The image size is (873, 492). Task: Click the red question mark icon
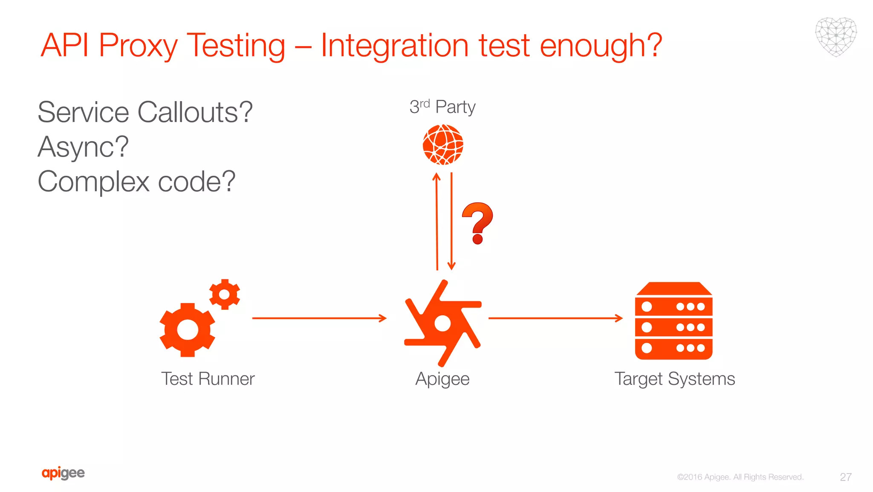coord(478,222)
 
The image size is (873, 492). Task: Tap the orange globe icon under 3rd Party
coord(443,145)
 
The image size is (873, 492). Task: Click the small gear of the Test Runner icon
coord(225,294)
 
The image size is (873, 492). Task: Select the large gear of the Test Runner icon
coord(188,330)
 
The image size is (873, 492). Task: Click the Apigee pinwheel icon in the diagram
coord(442,323)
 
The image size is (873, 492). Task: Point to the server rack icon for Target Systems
coord(674,321)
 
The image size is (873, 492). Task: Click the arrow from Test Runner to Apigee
coord(319,318)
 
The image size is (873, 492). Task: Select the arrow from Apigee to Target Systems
coord(555,318)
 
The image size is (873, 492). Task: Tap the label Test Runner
coord(208,379)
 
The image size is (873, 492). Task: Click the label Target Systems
coord(674,379)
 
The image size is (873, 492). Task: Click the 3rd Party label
coord(442,107)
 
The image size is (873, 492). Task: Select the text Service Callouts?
coord(145,113)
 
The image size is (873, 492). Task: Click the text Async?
coord(83,147)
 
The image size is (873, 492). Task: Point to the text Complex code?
coord(136,182)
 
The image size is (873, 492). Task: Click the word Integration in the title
coord(394,45)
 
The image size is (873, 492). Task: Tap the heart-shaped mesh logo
coord(836,37)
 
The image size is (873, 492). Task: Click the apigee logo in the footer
coord(63,473)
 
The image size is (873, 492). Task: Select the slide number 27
coord(846,477)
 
